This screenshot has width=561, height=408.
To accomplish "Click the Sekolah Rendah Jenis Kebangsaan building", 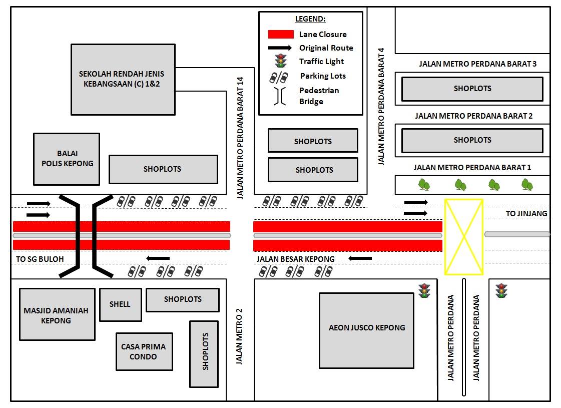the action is pyautogui.click(x=123, y=80).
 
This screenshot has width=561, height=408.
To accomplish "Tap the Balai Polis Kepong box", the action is pyautogui.click(x=67, y=159).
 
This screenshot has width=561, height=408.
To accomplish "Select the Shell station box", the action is pyautogui.click(x=121, y=304).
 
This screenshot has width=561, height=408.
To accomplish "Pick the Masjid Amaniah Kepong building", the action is pyautogui.click(x=57, y=314).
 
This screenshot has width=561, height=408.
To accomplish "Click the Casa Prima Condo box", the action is pyautogui.click(x=144, y=351).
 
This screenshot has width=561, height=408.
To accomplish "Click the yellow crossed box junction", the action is pyautogui.click(x=464, y=237).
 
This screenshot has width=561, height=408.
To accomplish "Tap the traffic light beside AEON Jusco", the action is pyautogui.click(x=424, y=291).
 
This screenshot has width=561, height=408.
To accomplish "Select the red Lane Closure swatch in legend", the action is pyautogui.click(x=281, y=35).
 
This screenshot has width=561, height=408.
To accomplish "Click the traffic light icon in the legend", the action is pyautogui.click(x=281, y=61).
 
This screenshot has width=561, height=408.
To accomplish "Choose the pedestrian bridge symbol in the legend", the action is pyautogui.click(x=280, y=96).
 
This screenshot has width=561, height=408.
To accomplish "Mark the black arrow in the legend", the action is pyautogui.click(x=280, y=48).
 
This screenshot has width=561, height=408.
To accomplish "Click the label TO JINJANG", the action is pyautogui.click(x=526, y=214).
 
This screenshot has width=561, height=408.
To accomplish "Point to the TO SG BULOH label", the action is pyautogui.click(x=40, y=259).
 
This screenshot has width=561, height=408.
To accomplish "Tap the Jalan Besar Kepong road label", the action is pyautogui.click(x=296, y=259).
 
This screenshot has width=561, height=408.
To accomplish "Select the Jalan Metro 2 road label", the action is pyautogui.click(x=239, y=336).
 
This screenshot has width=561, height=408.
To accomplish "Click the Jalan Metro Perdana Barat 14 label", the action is pyautogui.click(x=240, y=138).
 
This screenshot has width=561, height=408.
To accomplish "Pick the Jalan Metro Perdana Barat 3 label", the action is pyautogui.click(x=477, y=64).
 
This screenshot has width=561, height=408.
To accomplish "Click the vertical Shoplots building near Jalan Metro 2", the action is pyautogui.click(x=204, y=354).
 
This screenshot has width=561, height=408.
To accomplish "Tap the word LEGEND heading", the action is pyautogui.click(x=310, y=19).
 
